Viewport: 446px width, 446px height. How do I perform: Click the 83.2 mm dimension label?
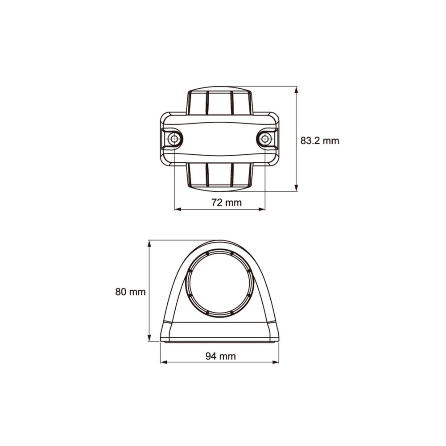(x=320, y=141)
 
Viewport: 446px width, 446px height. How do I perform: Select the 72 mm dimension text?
(x=227, y=202)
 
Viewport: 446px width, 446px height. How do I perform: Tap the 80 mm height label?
(x=130, y=292)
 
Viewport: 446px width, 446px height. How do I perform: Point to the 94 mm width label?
(x=220, y=356)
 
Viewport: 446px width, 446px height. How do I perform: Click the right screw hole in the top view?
(x=265, y=139)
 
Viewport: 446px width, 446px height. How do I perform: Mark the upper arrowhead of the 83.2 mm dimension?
(x=297, y=90)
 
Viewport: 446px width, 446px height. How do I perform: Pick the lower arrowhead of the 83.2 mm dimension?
(x=297, y=187)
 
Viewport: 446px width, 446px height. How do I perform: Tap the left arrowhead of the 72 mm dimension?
(x=178, y=209)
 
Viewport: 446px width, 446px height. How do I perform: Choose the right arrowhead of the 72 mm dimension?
(x=261, y=209)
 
